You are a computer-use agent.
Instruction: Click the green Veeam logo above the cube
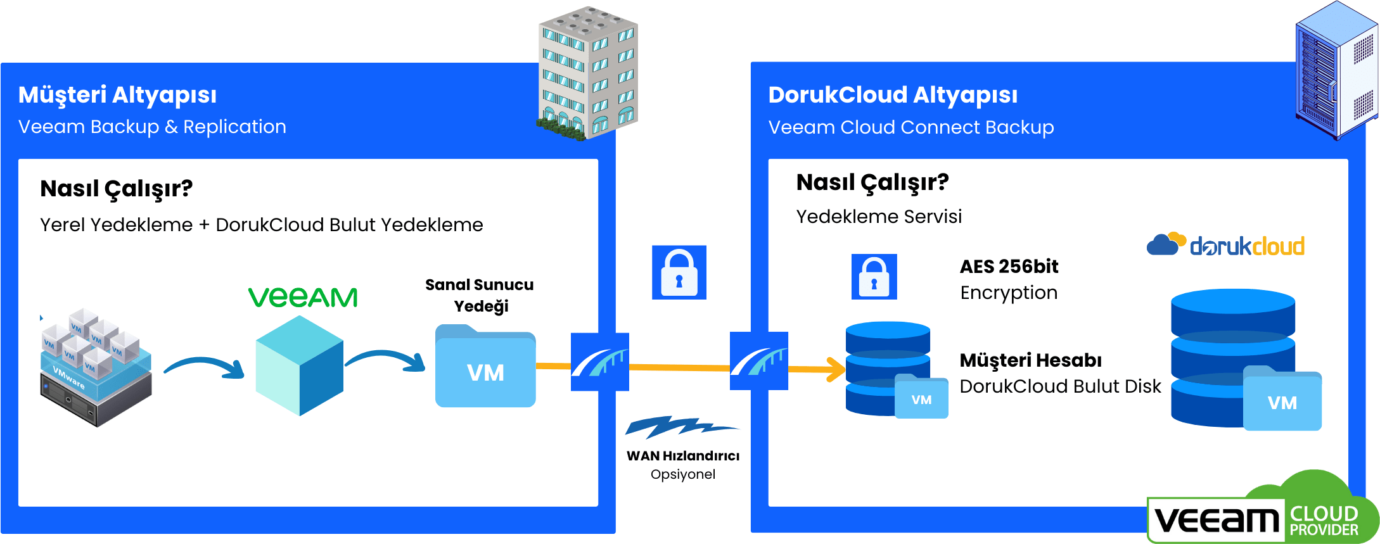[303, 297]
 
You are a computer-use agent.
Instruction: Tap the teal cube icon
[299, 366]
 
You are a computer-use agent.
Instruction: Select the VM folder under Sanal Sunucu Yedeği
[485, 367]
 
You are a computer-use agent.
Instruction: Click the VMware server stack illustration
[96, 368]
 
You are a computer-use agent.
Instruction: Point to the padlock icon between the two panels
[679, 273]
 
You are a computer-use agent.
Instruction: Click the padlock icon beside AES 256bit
[874, 277]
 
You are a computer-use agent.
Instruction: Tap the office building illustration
[588, 73]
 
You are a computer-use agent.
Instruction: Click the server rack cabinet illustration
[1336, 70]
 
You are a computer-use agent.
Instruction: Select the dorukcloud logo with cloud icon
[1225, 245]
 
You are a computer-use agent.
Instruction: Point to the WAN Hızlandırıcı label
[683, 456]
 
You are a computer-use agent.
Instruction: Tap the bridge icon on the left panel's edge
[600, 362]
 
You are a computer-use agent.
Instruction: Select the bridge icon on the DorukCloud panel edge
[758, 361]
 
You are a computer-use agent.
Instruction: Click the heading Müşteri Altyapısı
[117, 95]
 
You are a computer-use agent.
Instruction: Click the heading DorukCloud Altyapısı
[892, 95]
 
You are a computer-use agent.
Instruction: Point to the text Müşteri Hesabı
[1030, 360]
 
